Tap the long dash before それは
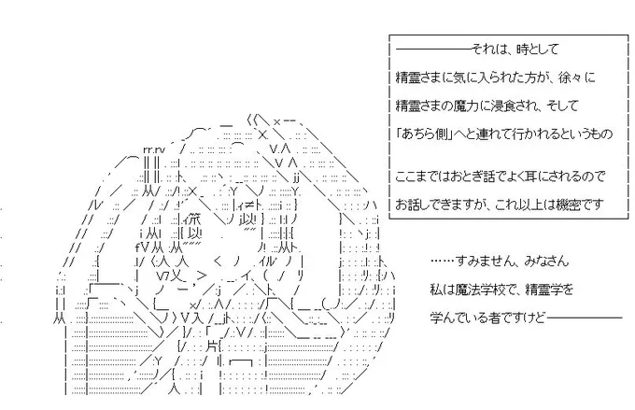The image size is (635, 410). click(x=433, y=49)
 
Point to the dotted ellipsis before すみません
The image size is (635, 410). click(x=443, y=262)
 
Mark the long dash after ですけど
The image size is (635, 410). click(x=585, y=318)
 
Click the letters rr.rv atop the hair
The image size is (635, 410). click(x=154, y=149)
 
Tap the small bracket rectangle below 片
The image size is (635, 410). click(x=241, y=362)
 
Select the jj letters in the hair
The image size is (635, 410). click(x=296, y=177)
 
